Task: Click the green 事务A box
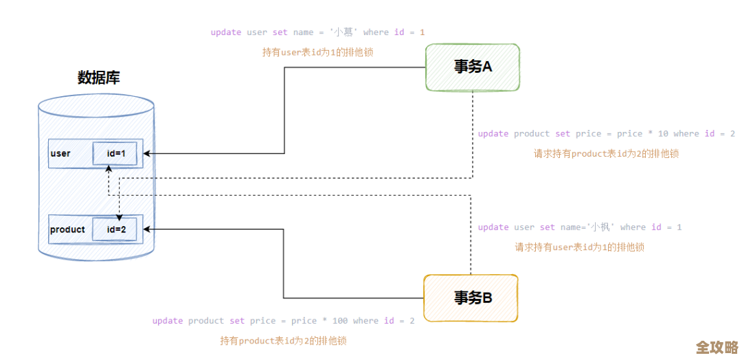coord(473,67)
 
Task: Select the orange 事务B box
coord(471,298)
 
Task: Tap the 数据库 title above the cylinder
coord(99,78)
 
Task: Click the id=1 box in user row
coord(115,154)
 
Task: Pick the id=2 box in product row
coord(115,229)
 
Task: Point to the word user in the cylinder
coord(60,154)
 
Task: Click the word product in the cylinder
coord(67,229)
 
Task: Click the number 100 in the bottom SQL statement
coord(340,321)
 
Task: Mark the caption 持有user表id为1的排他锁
coord(317,52)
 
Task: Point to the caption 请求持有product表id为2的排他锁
coord(606,154)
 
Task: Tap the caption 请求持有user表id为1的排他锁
coord(579,247)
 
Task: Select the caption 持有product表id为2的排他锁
coord(283,341)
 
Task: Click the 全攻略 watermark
coord(717,346)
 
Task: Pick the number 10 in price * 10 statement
coord(662,134)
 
